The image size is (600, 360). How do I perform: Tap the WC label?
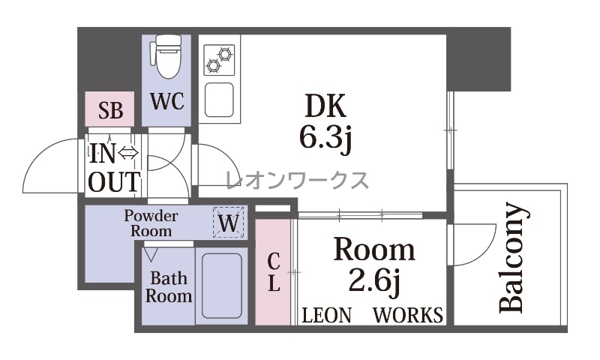[167, 101]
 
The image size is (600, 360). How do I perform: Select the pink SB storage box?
[109, 109]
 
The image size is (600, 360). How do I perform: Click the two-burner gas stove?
[219, 60]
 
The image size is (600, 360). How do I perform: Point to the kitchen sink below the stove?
[219, 100]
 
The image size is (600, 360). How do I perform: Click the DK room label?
[325, 106]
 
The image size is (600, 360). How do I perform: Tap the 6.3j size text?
[325, 138]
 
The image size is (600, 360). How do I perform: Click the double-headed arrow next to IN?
[128, 154]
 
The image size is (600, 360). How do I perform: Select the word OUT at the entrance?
[115, 182]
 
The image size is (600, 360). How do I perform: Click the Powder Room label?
[151, 223]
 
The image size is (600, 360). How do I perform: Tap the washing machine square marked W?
[229, 222]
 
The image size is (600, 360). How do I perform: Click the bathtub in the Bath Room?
[221, 286]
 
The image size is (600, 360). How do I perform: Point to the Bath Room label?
[168, 287]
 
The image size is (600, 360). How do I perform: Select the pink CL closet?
[273, 272]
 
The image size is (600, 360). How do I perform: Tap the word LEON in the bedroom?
[326, 316]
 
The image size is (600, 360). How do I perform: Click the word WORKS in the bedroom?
[408, 315]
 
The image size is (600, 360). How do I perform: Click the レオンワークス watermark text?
[297, 180]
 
